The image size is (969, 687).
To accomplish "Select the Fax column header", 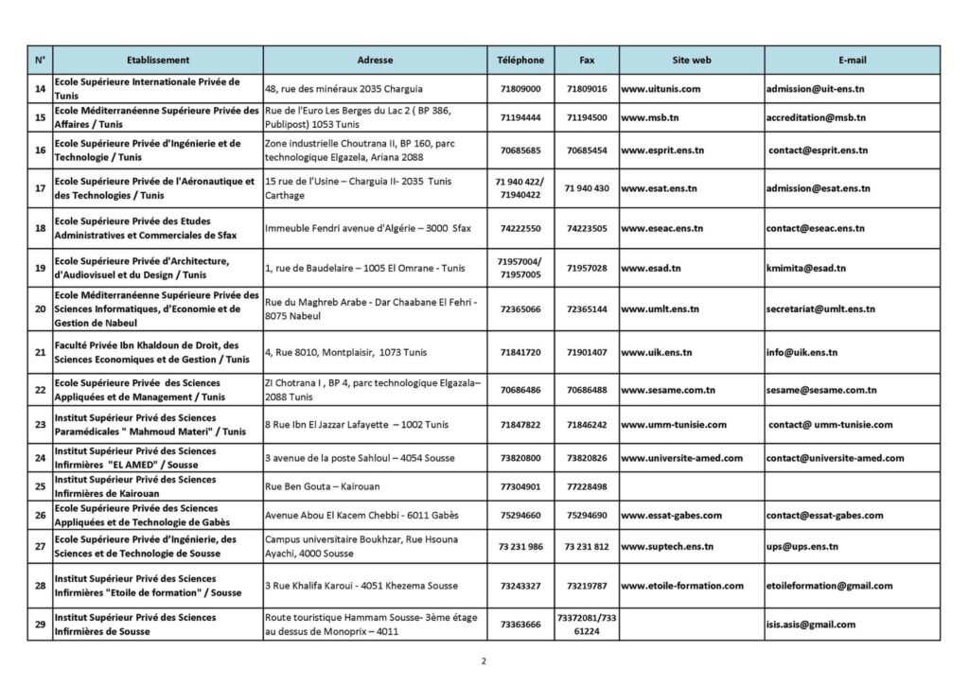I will (587, 60).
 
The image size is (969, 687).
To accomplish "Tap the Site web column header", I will (691, 60).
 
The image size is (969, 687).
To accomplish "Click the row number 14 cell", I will (40, 89).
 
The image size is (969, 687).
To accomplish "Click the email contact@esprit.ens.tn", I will (818, 150).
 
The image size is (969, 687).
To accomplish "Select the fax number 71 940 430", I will (587, 188).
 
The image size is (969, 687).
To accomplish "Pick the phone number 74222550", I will (520, 228).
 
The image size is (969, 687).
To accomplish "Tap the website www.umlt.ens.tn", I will (660, 308).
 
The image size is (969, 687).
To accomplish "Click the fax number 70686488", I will (587, 390).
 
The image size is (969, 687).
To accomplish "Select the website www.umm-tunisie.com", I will (674, 425).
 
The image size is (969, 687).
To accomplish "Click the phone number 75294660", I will (520, 516).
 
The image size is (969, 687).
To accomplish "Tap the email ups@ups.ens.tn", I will (802, 546).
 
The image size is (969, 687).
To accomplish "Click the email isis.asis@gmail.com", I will (811, 625).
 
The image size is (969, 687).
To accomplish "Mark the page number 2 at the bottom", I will (484, 661).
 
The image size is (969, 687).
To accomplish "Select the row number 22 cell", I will (40, 390).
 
